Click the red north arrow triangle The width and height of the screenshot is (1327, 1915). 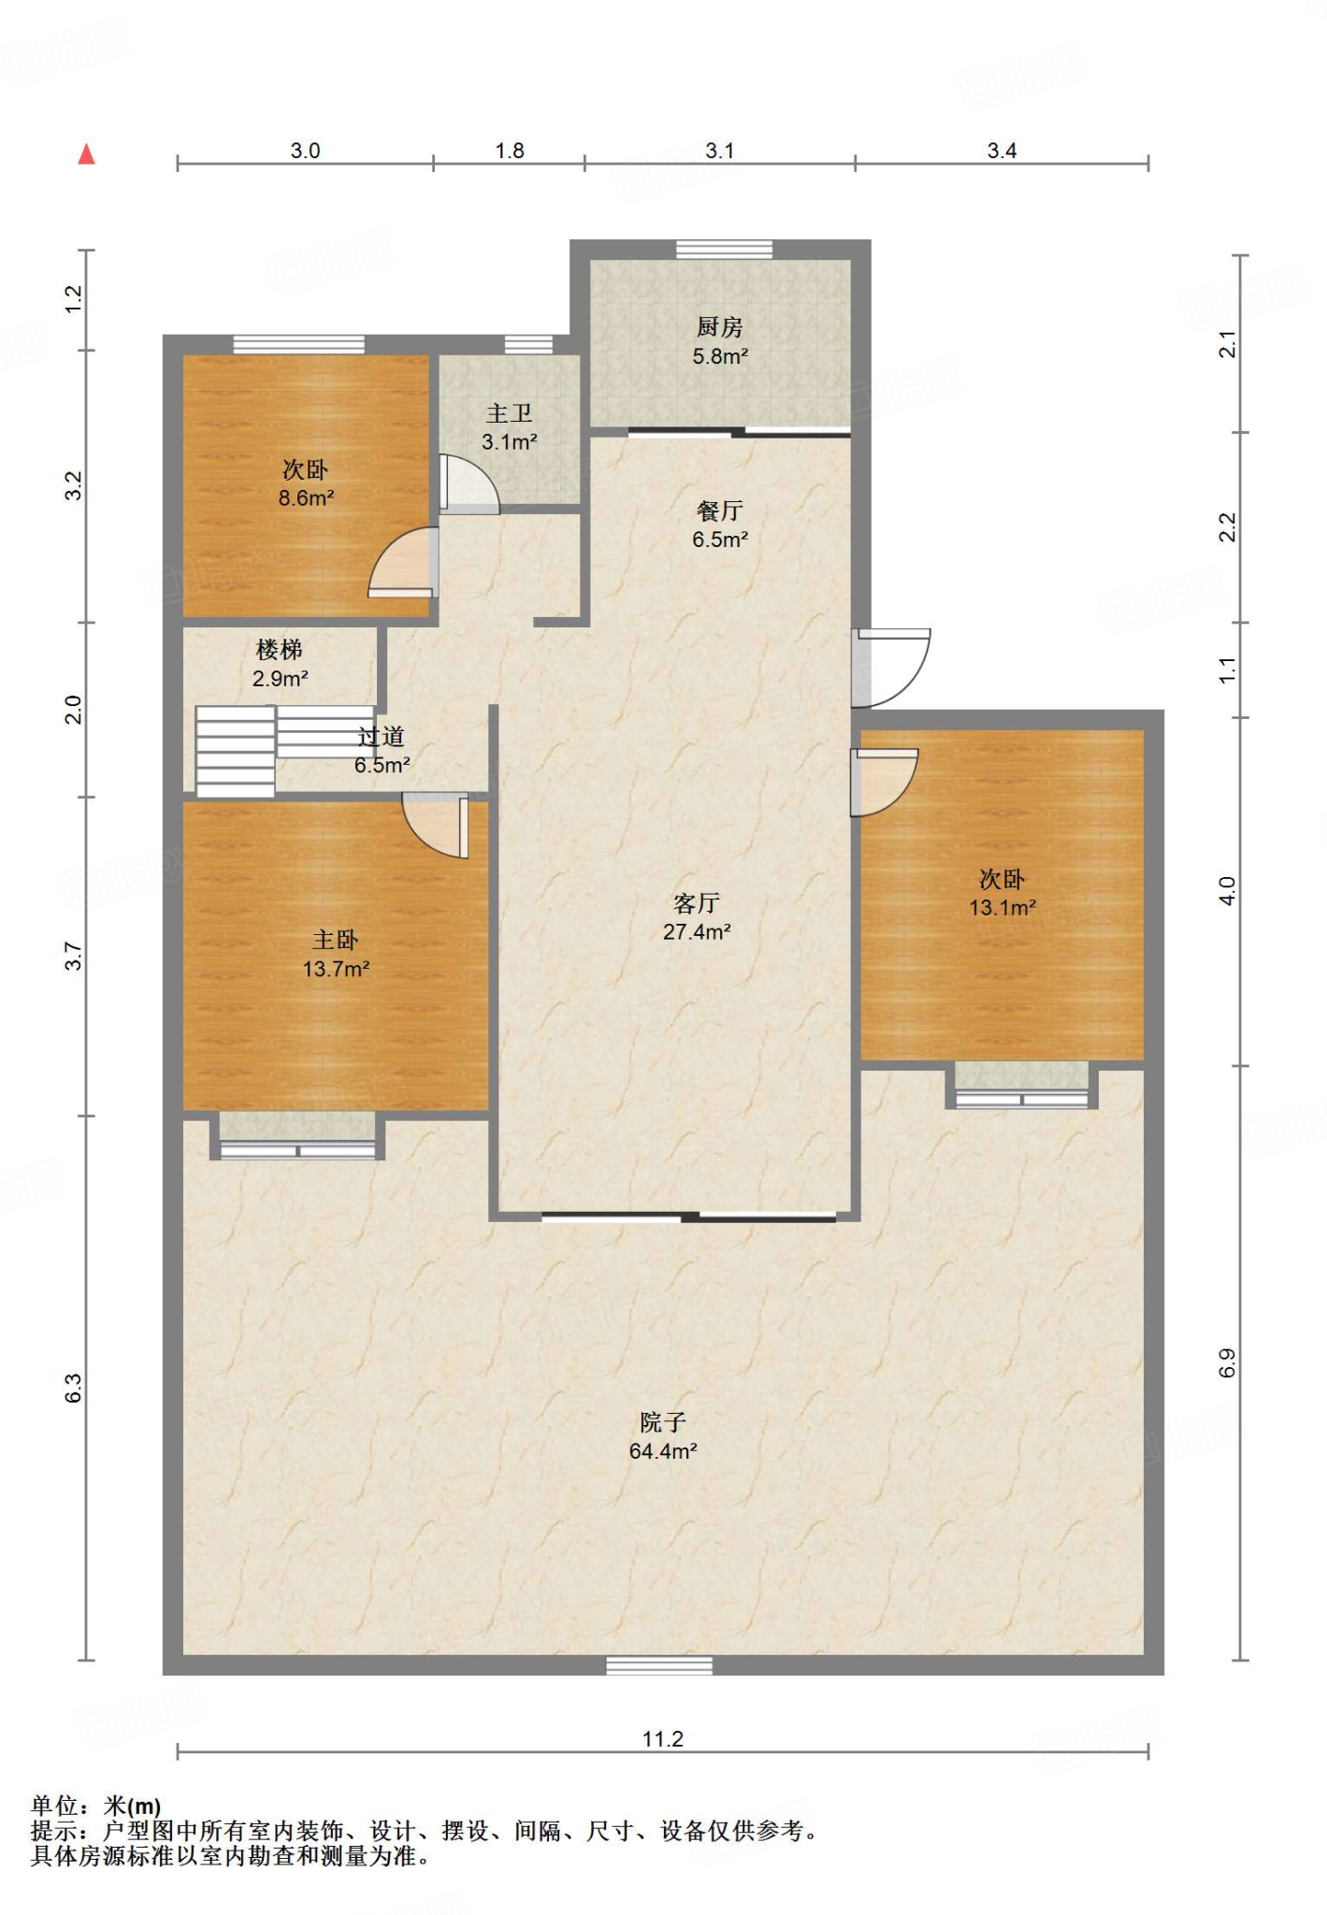point(87,153)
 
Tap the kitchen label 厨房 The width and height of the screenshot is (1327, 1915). point(719,327)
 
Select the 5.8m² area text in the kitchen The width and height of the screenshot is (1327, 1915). point(720,356)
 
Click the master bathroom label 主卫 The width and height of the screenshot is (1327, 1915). point(509,413)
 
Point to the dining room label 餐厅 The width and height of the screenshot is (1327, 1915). point(719,511)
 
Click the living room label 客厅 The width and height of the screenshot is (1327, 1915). point(697,903)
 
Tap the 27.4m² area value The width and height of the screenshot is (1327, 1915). point(697,932)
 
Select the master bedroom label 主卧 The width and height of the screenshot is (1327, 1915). point(335,940)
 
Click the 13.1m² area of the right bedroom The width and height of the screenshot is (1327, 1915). point(1002,908)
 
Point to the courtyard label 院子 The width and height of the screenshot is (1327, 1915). point(663,1422)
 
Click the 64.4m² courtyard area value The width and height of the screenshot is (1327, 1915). point(663,1451)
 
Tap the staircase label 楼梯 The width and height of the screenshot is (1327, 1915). point(279,650)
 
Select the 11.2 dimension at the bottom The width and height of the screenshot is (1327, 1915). point(663,1739)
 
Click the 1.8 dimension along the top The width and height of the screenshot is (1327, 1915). point(510,151)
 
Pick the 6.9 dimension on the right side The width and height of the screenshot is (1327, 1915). point(1227,1363)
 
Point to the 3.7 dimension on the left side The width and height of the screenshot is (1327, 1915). point(74,956)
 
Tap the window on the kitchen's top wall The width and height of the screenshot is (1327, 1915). point(725,250)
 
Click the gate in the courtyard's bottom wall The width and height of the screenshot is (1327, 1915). point(659,1665)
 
